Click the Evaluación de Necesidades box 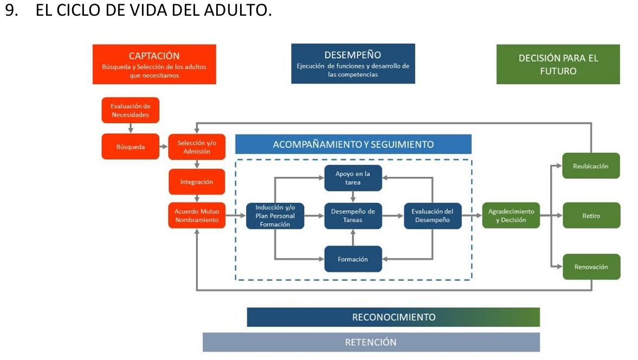(130, 110)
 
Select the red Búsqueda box (130, 146)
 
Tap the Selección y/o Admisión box (197, 147)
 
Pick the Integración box (197, 182)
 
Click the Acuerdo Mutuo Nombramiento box (197, 216)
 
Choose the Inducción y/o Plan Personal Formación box (275, 216)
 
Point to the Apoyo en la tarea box (353, 178)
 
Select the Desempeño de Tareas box (353, 216)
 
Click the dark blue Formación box (353, 259)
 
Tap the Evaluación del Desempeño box (433, 216)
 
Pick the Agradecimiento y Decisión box (511, 215)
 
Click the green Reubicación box (591, 165)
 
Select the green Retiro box (591, 215)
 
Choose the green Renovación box (591, 266)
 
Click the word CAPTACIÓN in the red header (154, 56)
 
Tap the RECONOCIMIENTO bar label (394, 317)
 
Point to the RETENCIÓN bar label (371, 342)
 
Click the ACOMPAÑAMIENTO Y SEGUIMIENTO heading (353, 144)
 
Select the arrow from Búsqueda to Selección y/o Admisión (164, 146)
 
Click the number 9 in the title (11, 10)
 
